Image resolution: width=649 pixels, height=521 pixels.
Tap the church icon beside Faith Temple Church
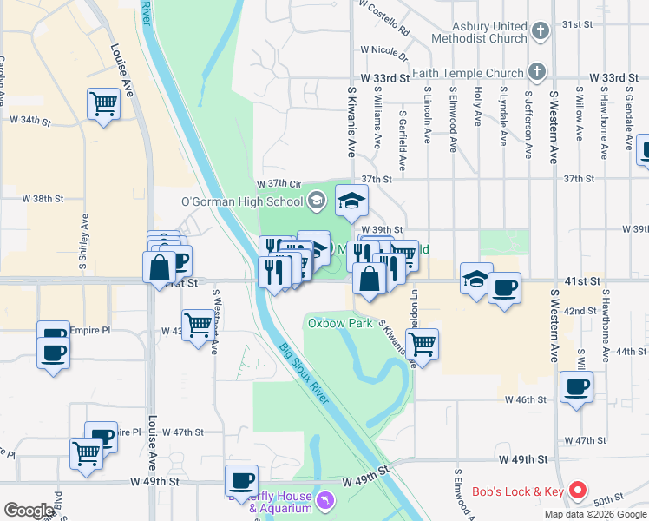(x=537, y=72)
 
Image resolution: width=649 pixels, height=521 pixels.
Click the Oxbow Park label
(x=340, y=323)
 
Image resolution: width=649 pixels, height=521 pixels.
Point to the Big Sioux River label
(x=305, y=373)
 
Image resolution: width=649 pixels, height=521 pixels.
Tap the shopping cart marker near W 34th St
(x=104, y=104)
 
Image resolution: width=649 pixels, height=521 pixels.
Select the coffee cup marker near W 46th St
(x=576, y=386)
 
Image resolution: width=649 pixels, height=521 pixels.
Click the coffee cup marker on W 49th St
(x=241, y=479)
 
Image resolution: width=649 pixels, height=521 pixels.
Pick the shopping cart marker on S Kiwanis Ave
(x=423, y=342)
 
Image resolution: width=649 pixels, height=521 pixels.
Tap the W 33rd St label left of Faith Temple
(x=386, y=78)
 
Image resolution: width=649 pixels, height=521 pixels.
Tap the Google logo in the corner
(x=28, y=511)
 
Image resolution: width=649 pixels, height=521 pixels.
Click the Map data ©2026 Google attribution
(x=596, y=514)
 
